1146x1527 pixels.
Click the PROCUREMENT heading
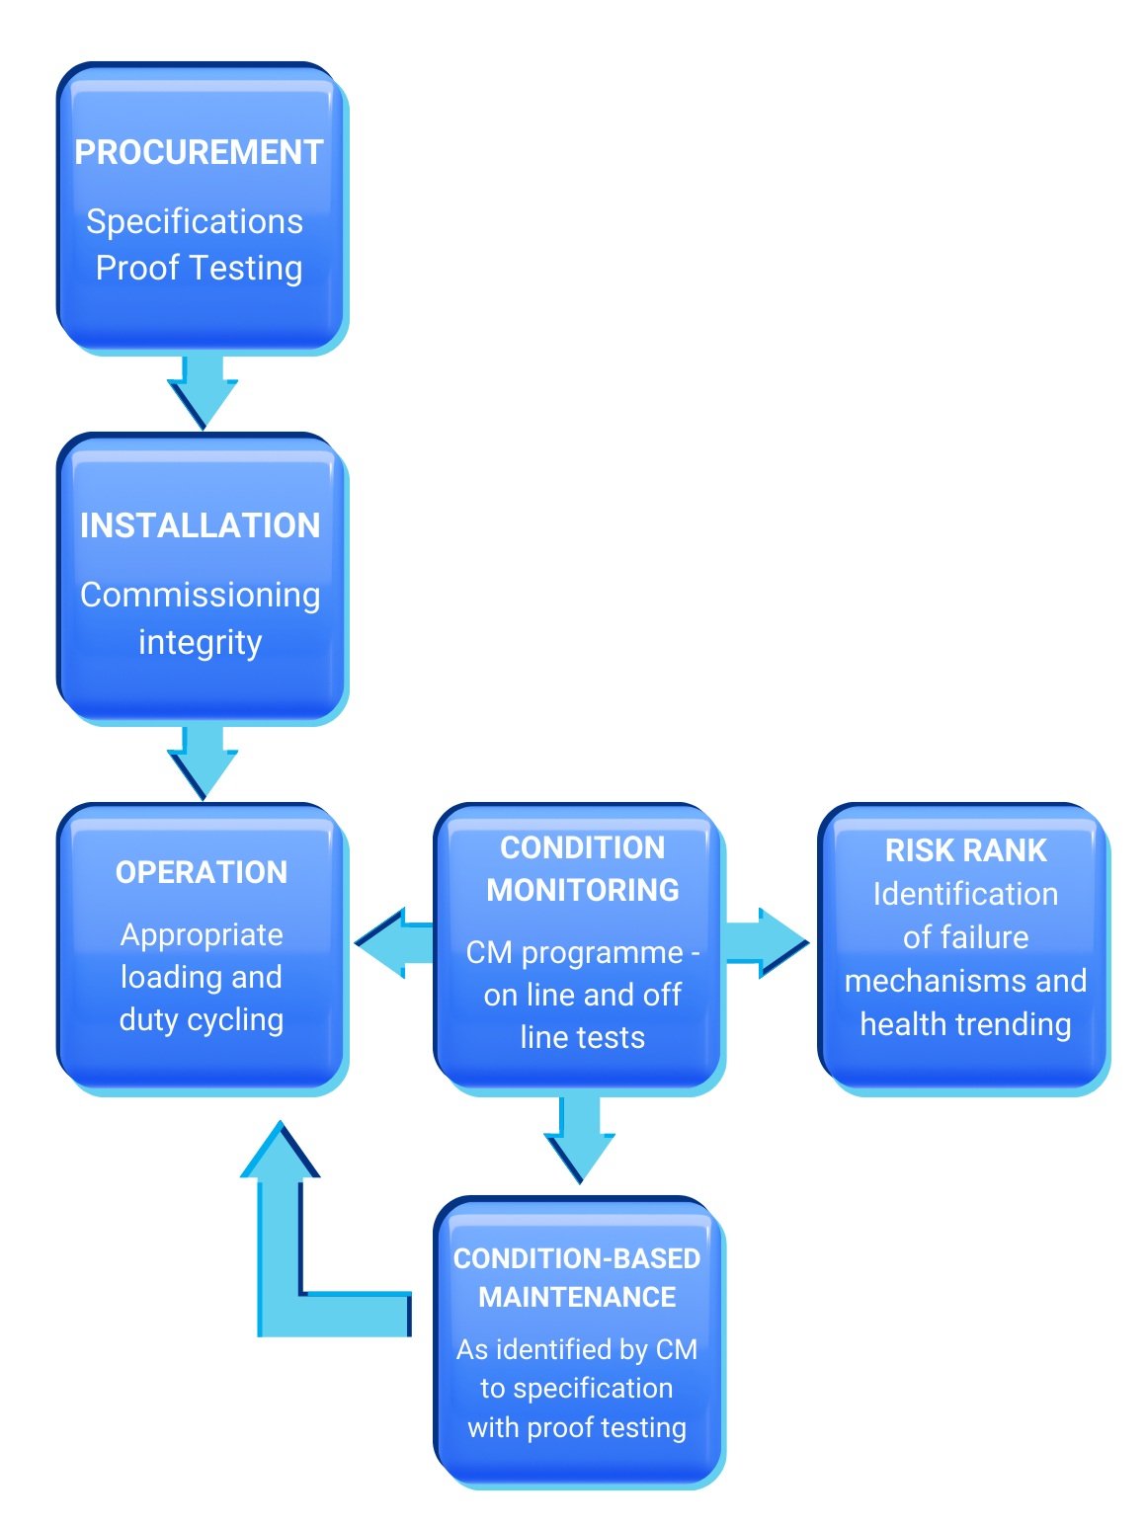point(199,152)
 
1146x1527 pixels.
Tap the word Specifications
point(195,221)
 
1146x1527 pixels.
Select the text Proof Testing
point(199,268)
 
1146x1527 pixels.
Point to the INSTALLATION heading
point(200,525)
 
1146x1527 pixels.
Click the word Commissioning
point(200,595)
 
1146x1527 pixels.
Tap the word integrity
point(200,642)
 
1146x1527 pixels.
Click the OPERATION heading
point(202,872)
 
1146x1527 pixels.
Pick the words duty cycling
point(202,1019)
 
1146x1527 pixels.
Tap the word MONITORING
point(583,890)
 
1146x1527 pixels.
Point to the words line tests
point(583,1037)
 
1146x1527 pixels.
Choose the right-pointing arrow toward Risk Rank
point(767,942)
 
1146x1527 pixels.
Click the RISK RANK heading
point(965,850)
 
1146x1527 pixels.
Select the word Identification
point(965,894)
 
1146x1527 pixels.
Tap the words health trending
point(965,1024)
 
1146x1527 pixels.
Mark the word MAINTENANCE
point(577,1297)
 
